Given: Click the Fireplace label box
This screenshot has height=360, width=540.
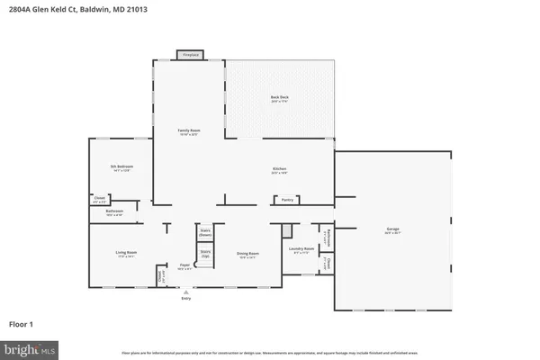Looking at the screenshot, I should (190, 56).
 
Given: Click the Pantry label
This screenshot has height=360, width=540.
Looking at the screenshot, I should (287, 199).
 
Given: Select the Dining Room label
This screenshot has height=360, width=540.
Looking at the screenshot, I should (236, 254).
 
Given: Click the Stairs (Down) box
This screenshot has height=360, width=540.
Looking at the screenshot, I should (205, 232).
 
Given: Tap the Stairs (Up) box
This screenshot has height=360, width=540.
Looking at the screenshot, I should (205, 253).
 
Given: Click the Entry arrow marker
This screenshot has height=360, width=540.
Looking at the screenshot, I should (184, 292).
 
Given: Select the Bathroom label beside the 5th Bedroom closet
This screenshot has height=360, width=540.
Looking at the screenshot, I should (113, 214).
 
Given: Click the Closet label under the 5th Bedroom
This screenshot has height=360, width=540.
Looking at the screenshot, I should (99, 199).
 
